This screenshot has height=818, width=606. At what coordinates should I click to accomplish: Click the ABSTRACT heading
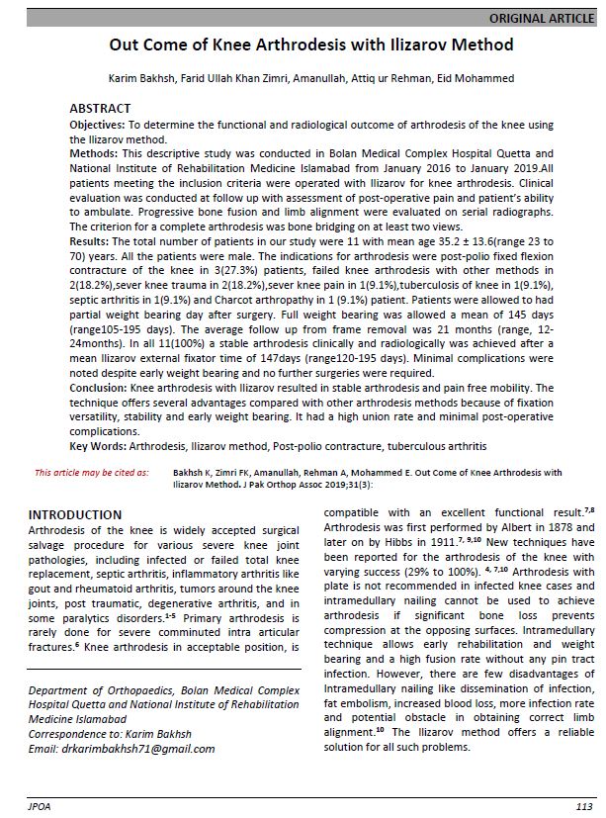99,107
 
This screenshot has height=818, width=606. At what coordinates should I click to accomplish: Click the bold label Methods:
94,156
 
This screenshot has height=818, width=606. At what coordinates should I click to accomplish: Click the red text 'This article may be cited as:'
91,473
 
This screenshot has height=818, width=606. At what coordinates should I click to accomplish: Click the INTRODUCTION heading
74,515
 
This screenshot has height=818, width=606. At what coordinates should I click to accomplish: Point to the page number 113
583,807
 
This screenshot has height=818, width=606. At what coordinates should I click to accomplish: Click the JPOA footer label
40,807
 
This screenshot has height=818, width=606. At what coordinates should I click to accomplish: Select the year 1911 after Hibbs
442,543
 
